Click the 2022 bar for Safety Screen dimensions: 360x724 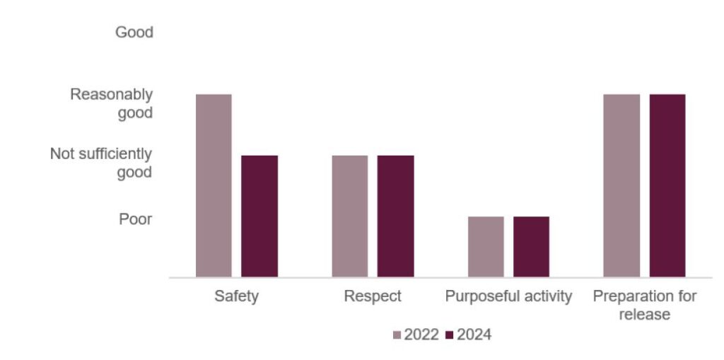coord(214,185)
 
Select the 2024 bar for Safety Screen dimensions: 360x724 coord(259,216)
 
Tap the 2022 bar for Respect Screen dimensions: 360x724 coord(350,216)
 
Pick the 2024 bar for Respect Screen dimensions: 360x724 coord(395,216)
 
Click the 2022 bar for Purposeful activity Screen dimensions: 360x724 coord(486,246)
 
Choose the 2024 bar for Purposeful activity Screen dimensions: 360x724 coord(531,246)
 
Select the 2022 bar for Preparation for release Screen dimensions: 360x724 coord(621,185)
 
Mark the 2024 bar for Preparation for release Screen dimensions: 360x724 coord(667,185)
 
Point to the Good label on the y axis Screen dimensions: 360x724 coord(134,33)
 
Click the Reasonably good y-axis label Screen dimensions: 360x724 coord(111,103)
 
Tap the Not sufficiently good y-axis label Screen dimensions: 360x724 coord(101,163)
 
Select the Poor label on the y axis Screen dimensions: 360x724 coord(135,220)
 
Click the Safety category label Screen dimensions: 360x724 coord(236,296)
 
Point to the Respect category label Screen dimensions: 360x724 coord(373,296)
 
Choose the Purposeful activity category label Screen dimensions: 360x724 coord(508,296)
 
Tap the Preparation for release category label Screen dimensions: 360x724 coord(644,305)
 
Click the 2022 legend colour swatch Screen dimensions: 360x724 coord(397,335)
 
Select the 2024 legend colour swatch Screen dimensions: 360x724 coord(450,335)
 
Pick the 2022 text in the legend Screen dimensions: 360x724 coord(421,335)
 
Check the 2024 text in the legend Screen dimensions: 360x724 coord(474,335)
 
